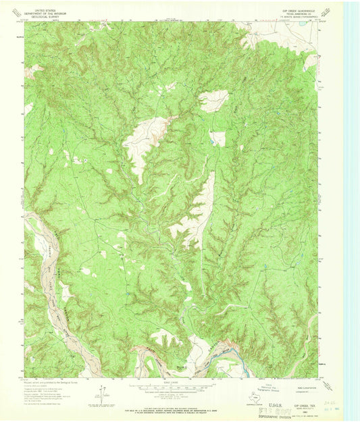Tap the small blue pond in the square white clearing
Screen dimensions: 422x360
(x=217, y=138)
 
